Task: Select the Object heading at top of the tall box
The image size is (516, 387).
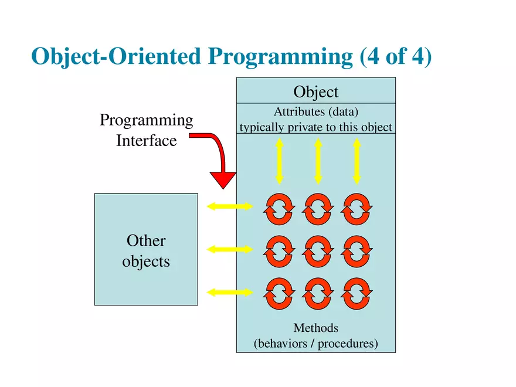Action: [x=315, y=92]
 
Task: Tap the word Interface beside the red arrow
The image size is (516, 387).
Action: [x=146, y=141]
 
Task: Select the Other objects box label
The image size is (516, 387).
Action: [x=146, y=250]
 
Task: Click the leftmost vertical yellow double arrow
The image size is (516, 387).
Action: [x=280, y=161]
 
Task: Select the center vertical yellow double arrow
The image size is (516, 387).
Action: [x=318, y=161]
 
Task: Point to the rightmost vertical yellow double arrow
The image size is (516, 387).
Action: [x=356, y=161]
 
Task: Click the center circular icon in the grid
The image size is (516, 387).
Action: [x=318, y=251]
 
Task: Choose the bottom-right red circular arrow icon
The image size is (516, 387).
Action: [x=357, y=294]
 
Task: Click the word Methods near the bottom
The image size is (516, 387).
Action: [x=315, y=328]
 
